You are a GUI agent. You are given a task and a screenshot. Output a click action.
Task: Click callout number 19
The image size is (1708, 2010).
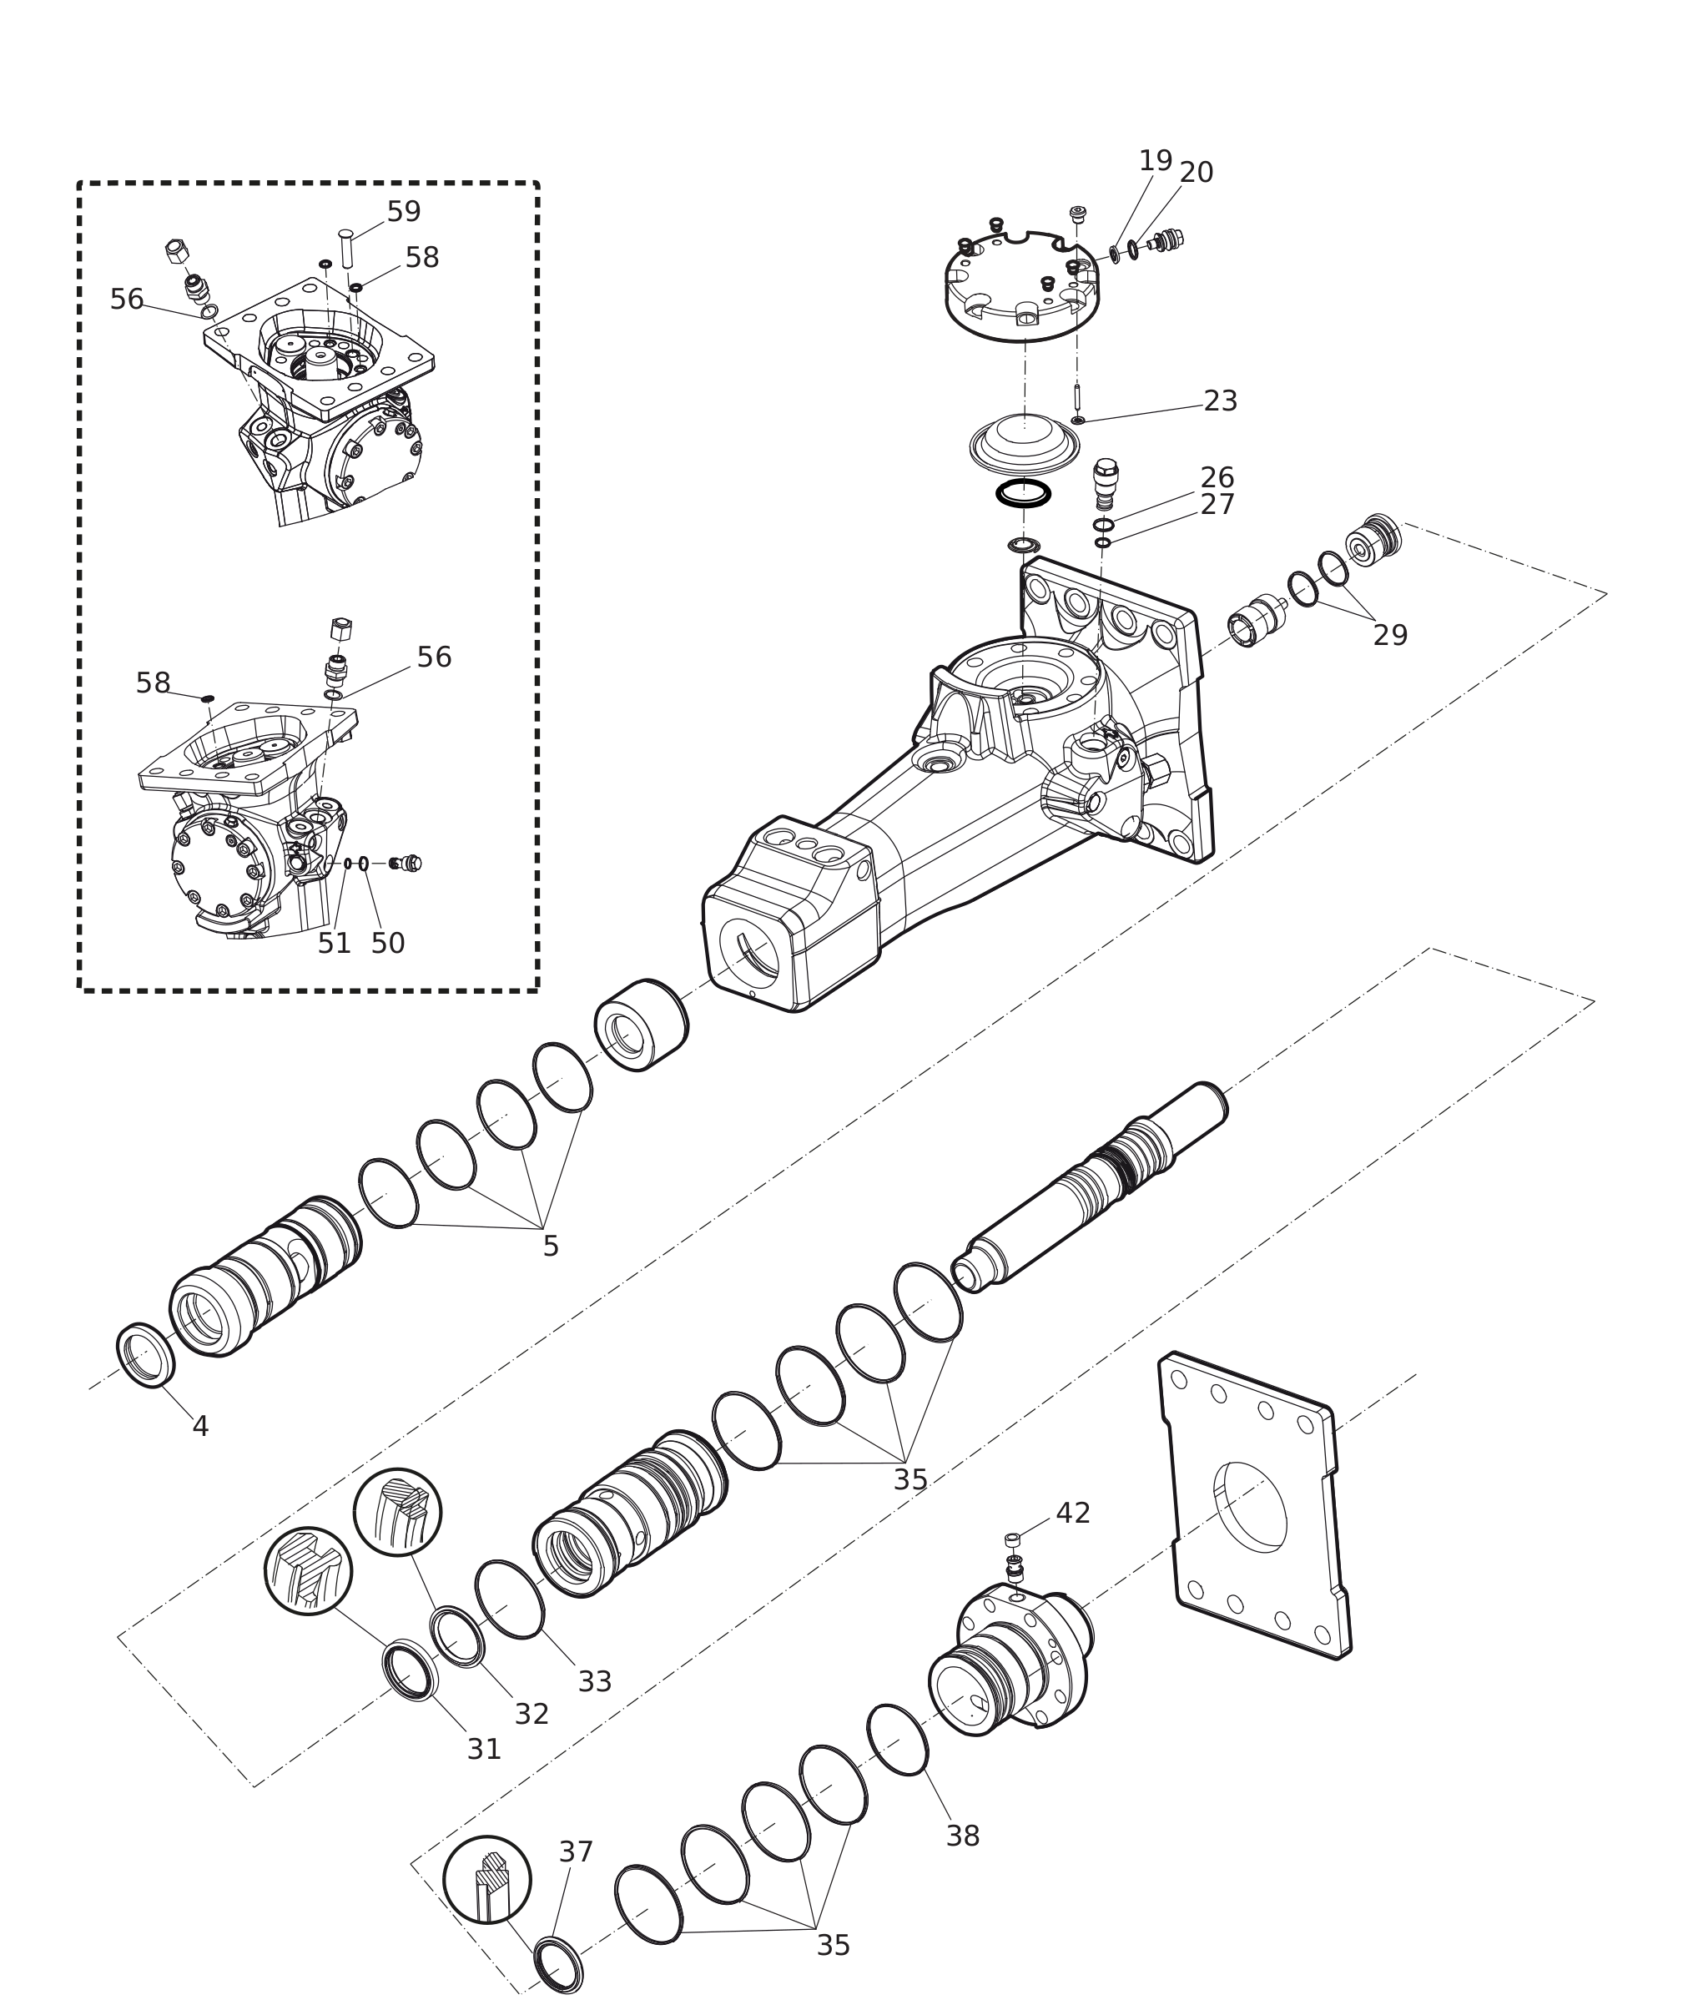[x=1155, y=161]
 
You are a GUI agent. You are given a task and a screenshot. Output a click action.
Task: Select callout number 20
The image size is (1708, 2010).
[x=1196, y=173]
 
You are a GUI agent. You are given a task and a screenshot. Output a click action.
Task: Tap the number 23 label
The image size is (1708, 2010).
[x=1220, y=400]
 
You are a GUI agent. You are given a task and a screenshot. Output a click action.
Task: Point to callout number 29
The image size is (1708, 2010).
[x=1390, y=635]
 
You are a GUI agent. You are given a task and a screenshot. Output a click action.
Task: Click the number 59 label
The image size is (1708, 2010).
[x=404, y=211]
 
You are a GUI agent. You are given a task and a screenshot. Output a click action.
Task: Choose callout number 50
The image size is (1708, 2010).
[x=387, y=943]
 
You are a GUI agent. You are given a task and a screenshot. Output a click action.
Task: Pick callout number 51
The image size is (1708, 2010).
[x=334, y=943]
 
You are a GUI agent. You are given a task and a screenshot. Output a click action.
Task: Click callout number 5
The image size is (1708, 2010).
[x=551, y=1246]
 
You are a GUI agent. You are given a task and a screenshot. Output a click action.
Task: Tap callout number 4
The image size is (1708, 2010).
[x=200, y=1426]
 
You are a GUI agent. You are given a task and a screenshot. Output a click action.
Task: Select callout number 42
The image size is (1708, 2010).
[x=1073, y=1514]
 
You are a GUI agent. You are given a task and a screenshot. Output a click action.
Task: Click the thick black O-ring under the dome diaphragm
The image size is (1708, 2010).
[x=1024, y=493]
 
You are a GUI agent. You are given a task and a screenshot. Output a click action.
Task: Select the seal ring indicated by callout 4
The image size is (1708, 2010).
[x=146, y=1354]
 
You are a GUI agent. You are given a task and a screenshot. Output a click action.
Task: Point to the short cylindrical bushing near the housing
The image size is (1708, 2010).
[x=641, y=1025]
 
